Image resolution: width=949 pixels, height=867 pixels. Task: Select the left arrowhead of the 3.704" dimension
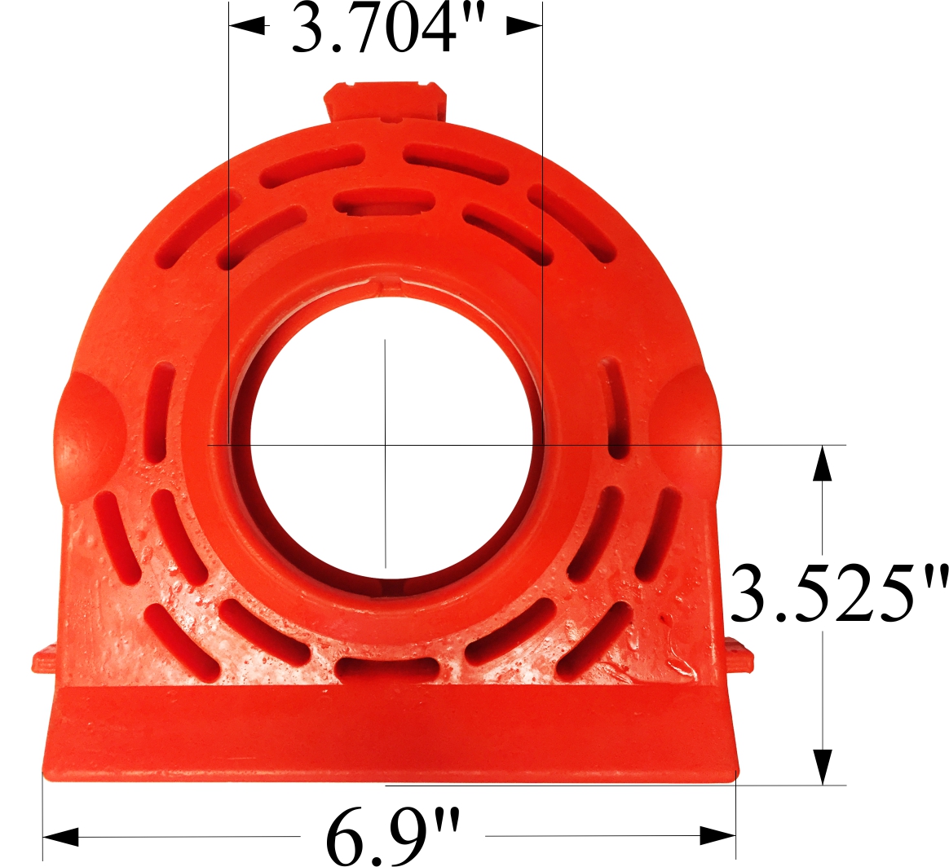click(248, 26)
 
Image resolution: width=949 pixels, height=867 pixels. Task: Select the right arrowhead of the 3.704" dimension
click(523, 26)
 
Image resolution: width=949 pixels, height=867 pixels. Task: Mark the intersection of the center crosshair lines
click(386, 445)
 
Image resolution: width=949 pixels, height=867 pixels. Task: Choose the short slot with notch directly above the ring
click(384, 200)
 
